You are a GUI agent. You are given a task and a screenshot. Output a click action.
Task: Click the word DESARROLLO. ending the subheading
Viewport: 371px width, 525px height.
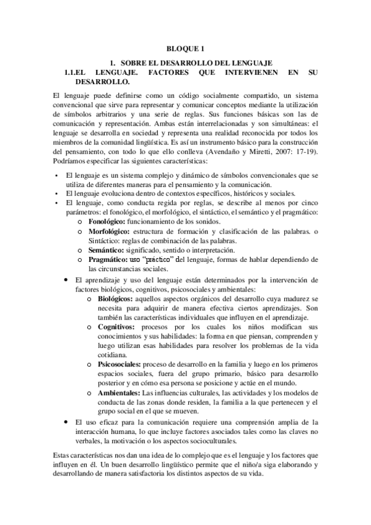coord(102,81)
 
